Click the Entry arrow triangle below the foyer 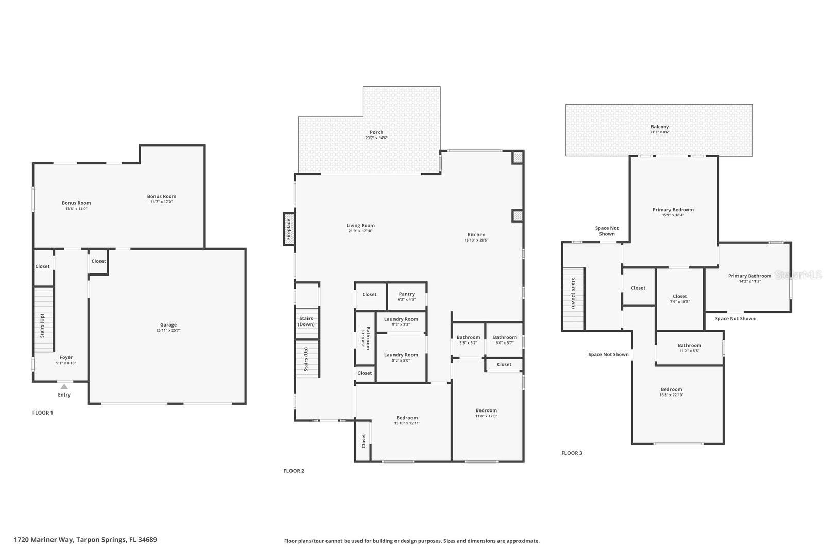pos(64,386)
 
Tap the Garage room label pos(168,325)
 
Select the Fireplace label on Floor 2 pos(289,229)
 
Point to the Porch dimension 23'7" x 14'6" pos(376,138)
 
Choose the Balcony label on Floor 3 pos(660,127)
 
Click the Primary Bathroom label pos(749,276)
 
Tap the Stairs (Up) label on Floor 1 pos(42,325)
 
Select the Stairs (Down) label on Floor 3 pos(573,294)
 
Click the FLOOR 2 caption pos(294,471)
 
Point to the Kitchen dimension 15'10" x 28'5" pos(476,241)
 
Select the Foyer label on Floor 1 pos(66,357)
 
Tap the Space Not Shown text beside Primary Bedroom pos(607,231)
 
